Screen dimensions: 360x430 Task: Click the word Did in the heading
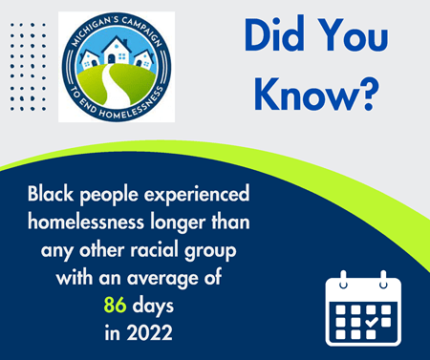click(269, 38)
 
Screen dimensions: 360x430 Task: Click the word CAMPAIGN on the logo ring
click(141, 31)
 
